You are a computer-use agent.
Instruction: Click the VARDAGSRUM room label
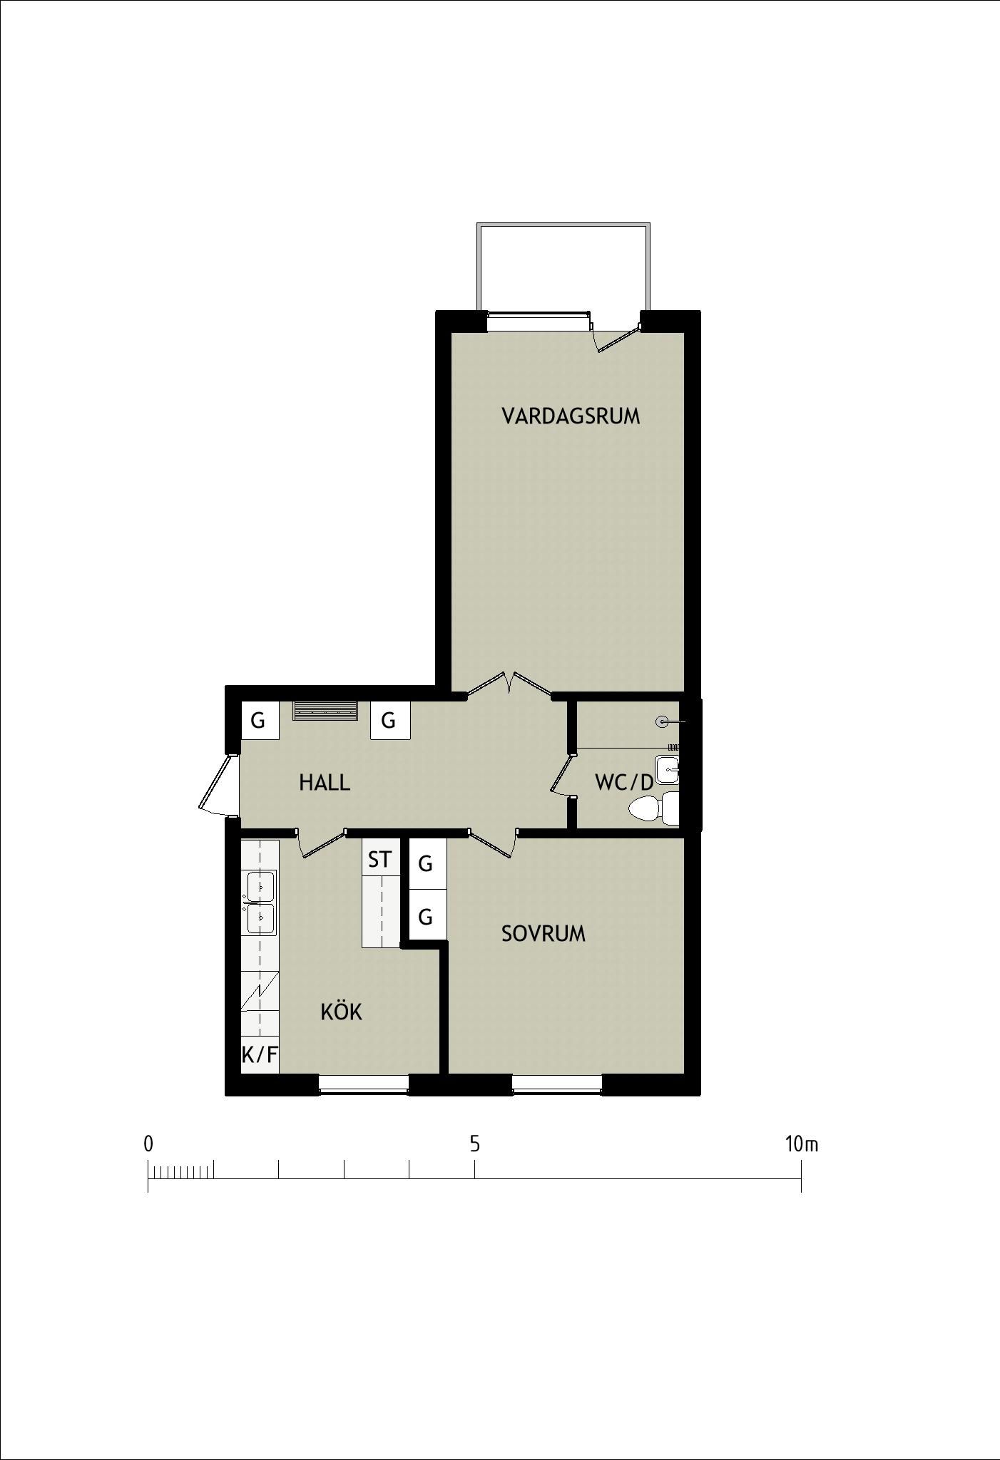571,416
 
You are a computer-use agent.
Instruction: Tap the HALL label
325,783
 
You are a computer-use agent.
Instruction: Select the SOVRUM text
544,933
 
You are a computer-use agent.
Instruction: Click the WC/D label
624,783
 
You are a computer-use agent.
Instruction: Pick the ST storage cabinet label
380,860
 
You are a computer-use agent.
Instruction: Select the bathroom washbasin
668,770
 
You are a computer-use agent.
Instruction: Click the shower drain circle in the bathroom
662,722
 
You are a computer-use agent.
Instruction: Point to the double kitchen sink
260,902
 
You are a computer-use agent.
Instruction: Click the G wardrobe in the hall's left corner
258,720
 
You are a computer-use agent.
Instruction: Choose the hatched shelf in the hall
325,711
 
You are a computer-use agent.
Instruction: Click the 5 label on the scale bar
474,1144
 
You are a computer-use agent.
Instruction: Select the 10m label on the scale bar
802,1144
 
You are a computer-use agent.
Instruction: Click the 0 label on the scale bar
148,1144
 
